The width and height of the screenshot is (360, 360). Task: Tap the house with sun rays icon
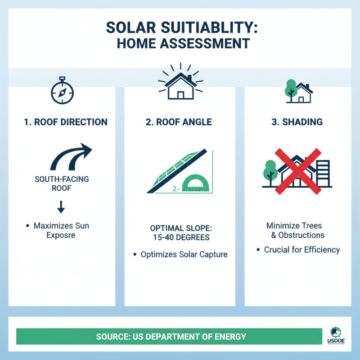pos(180,83)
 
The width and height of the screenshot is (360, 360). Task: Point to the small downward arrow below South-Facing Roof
pos(61,206)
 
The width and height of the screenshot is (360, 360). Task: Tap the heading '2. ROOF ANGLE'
pos(180,122)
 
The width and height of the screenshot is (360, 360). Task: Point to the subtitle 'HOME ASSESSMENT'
pos(180,45)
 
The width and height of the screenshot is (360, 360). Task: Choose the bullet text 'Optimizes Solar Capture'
pos(184,254)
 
